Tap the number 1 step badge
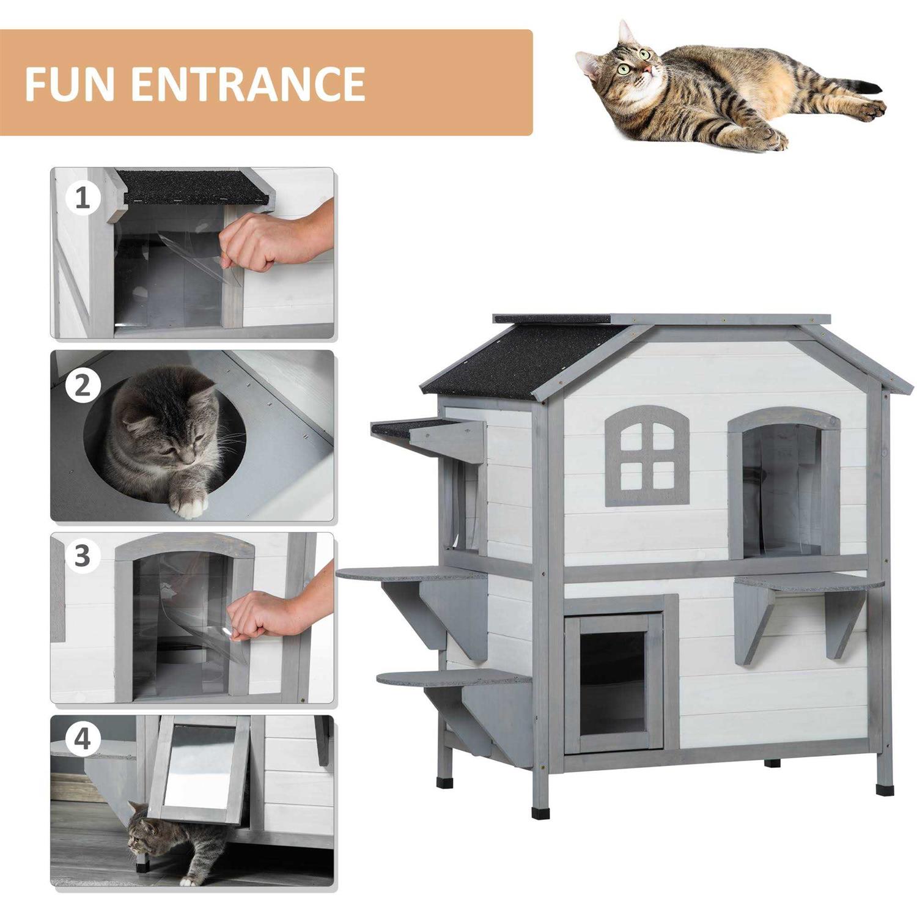pyautogui.click(x=83, y=198)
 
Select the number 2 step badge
pyautogui.click(x=83, y=386)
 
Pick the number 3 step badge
pyautogui.click(x=83, y=556)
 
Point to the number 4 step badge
pyautogui.click(x=83, y=738)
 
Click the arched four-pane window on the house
pyautogui.click(x=647, y=456)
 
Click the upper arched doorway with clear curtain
pyautogui.click(x=783, y=483)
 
